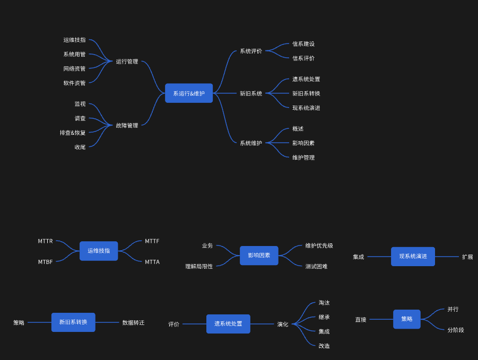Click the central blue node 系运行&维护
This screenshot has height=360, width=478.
click(188, 93)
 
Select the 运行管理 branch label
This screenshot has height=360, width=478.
click(127, 62)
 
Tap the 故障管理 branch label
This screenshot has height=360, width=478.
click(127, 126)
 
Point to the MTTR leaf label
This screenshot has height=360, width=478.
click(45, 241)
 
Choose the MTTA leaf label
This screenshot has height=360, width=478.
click(152, 262)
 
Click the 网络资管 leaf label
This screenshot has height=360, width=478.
click(74, 69)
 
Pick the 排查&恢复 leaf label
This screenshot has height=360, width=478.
click(73, 133)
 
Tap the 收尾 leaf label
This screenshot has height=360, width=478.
click(80, 147)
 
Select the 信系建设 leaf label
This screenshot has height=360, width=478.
click(303, 44)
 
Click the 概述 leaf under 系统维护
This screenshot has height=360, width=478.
click(298, 129)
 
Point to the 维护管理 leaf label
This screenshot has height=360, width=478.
click(303, 157)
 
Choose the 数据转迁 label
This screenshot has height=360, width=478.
click(133, 322)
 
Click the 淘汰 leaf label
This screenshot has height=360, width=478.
click(324, 303)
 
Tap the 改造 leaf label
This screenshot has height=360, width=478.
click(324, 346)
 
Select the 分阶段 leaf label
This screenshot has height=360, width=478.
click(456, 330)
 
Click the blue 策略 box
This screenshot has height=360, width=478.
click(407, 319)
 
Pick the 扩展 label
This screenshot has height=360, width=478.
click(467, 257)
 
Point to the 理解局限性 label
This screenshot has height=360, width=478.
click(199, 267)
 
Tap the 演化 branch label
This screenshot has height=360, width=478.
click(283, 324)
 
